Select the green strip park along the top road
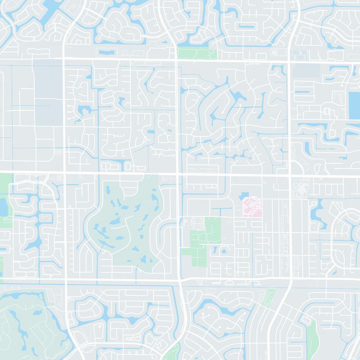(197, 54)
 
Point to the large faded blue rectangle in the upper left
(47, 88)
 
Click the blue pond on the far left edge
(4, 207)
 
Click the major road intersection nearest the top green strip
(176, 59)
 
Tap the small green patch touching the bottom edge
(173, 353)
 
